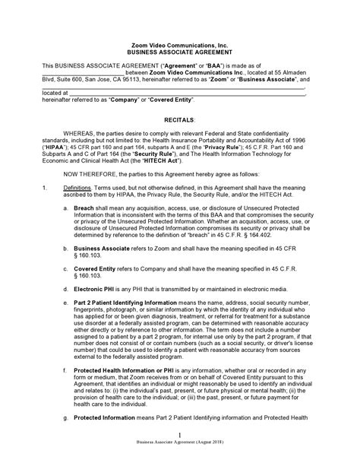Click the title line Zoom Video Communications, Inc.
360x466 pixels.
[180, 47]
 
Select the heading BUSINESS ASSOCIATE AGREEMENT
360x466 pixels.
[180, 55]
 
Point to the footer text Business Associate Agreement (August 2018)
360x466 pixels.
[180, 461]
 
